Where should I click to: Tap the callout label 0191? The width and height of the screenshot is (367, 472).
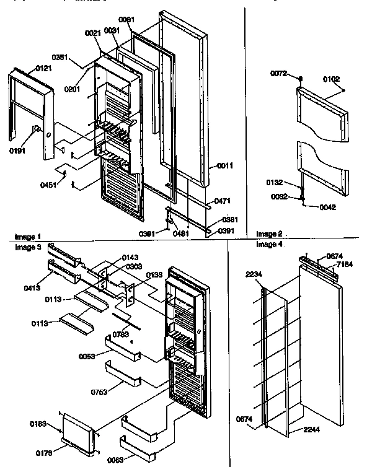coord(18,151)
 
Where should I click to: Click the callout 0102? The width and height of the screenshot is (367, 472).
coord(332,79)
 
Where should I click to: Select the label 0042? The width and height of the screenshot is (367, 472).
coord(327,208)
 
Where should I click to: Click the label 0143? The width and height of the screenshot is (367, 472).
coord(130,257)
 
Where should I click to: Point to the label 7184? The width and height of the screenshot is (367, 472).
coord(345,264)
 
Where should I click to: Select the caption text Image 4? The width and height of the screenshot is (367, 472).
coord(269,243)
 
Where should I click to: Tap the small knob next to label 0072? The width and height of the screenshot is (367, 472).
coord(300,79)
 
